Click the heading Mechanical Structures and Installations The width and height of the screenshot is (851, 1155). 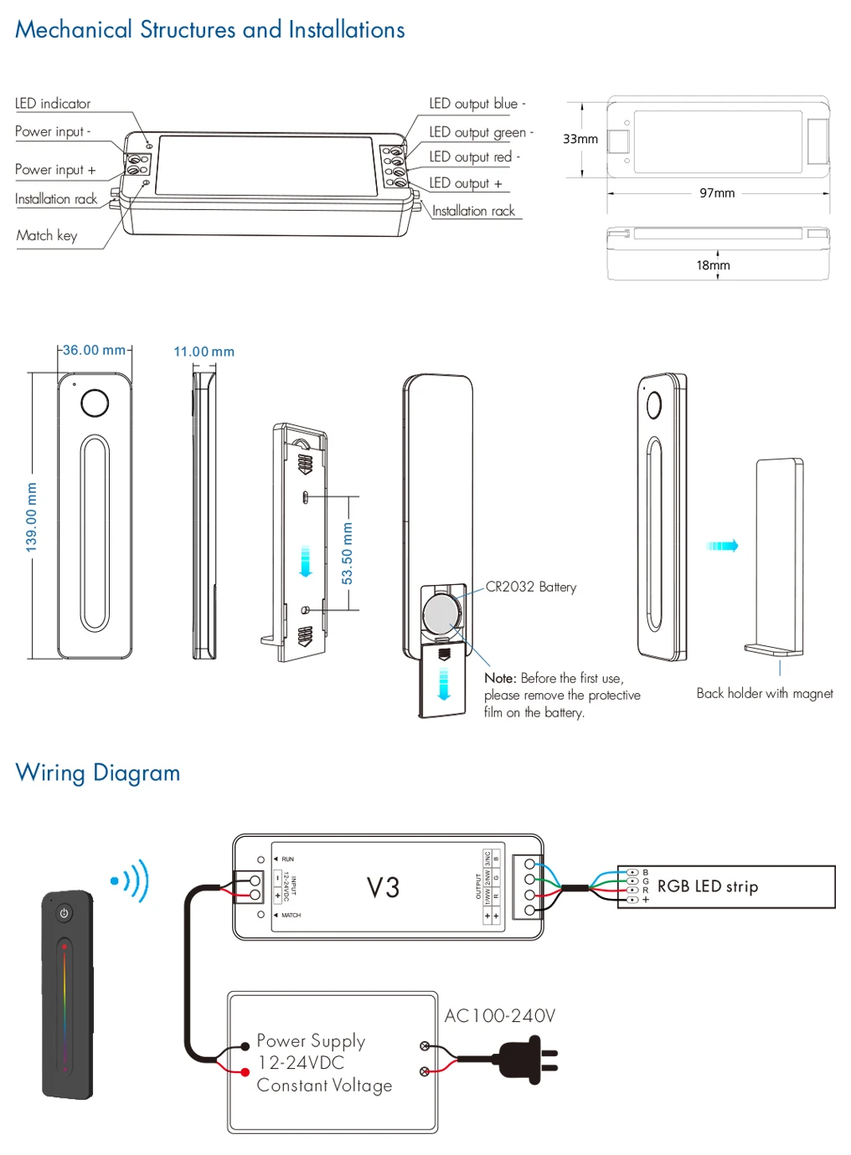tap(209, 30)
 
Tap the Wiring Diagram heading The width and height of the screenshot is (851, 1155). tap(98, 773)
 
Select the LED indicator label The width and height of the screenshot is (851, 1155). tap(53, 104)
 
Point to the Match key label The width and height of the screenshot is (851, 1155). tap(47, 236)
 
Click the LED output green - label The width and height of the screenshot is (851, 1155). tap(481, 132)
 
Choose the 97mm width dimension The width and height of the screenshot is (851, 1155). tap(717, 193)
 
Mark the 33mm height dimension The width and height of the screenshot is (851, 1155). tap(580, 139)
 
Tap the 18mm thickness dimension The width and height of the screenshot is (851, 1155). tap(713, 265)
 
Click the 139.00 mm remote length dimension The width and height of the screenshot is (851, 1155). tap(32, 516)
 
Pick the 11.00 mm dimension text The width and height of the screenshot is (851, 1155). tap(204, 352)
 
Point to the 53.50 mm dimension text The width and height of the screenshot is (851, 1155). tap(348, 553)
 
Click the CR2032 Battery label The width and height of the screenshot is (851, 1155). tap(531, 588)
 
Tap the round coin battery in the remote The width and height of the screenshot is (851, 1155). tap(440, 615)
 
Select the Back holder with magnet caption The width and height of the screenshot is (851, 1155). tap(765, 693)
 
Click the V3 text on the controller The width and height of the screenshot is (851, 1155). tap(383, 887)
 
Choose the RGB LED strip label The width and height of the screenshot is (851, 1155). tap(708, 886)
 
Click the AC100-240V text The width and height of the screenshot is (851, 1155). tap(499, 1016)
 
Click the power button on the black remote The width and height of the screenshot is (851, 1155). tap(64, 913)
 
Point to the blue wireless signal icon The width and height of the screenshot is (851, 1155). tap(131, 880)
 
